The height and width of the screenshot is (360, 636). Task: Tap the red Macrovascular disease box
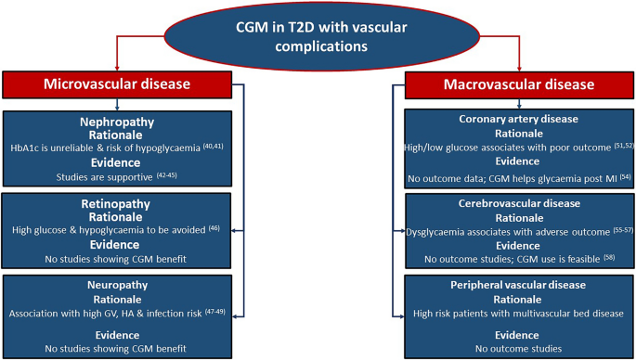tap(518, 85)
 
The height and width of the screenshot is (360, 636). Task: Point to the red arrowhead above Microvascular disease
tap(116, 67)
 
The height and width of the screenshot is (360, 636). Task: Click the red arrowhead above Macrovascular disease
tap(518, 67)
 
